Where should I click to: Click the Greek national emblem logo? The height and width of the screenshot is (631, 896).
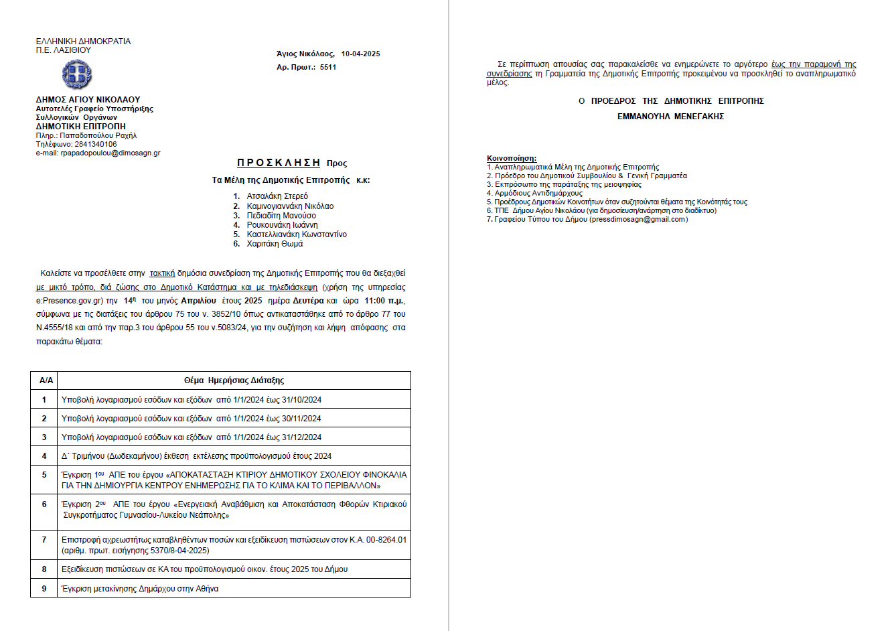click(77, 74)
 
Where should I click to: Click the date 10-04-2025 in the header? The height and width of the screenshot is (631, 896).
click(360, 54)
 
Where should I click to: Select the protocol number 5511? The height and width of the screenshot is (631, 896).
click(328, 67)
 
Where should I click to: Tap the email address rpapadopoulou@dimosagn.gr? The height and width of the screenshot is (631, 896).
click(110, 153)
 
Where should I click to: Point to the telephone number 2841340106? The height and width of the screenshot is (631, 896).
click(96, 144)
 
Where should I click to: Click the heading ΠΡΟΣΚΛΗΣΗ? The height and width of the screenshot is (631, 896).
click(279, 163)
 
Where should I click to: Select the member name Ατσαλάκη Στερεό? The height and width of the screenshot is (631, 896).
click(277, 196)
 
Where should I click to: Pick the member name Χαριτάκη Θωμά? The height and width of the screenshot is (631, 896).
click(275, 244)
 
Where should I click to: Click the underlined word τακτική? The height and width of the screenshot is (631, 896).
click(162, 273)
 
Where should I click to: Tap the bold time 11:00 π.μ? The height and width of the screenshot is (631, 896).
click(384, 301)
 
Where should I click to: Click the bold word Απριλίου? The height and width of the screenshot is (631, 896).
click(199, 301)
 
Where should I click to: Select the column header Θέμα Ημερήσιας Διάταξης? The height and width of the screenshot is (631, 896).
click(234, 380)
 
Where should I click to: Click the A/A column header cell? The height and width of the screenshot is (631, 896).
click(46, 380)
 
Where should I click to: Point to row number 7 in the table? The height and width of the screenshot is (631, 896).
click(44, 539)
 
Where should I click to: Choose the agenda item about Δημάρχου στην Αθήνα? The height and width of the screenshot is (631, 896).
click(140, 589)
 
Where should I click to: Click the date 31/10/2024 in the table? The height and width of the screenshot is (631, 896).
click(301, 400)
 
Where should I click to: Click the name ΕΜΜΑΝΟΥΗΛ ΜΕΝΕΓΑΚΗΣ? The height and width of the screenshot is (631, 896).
click(670, 116)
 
